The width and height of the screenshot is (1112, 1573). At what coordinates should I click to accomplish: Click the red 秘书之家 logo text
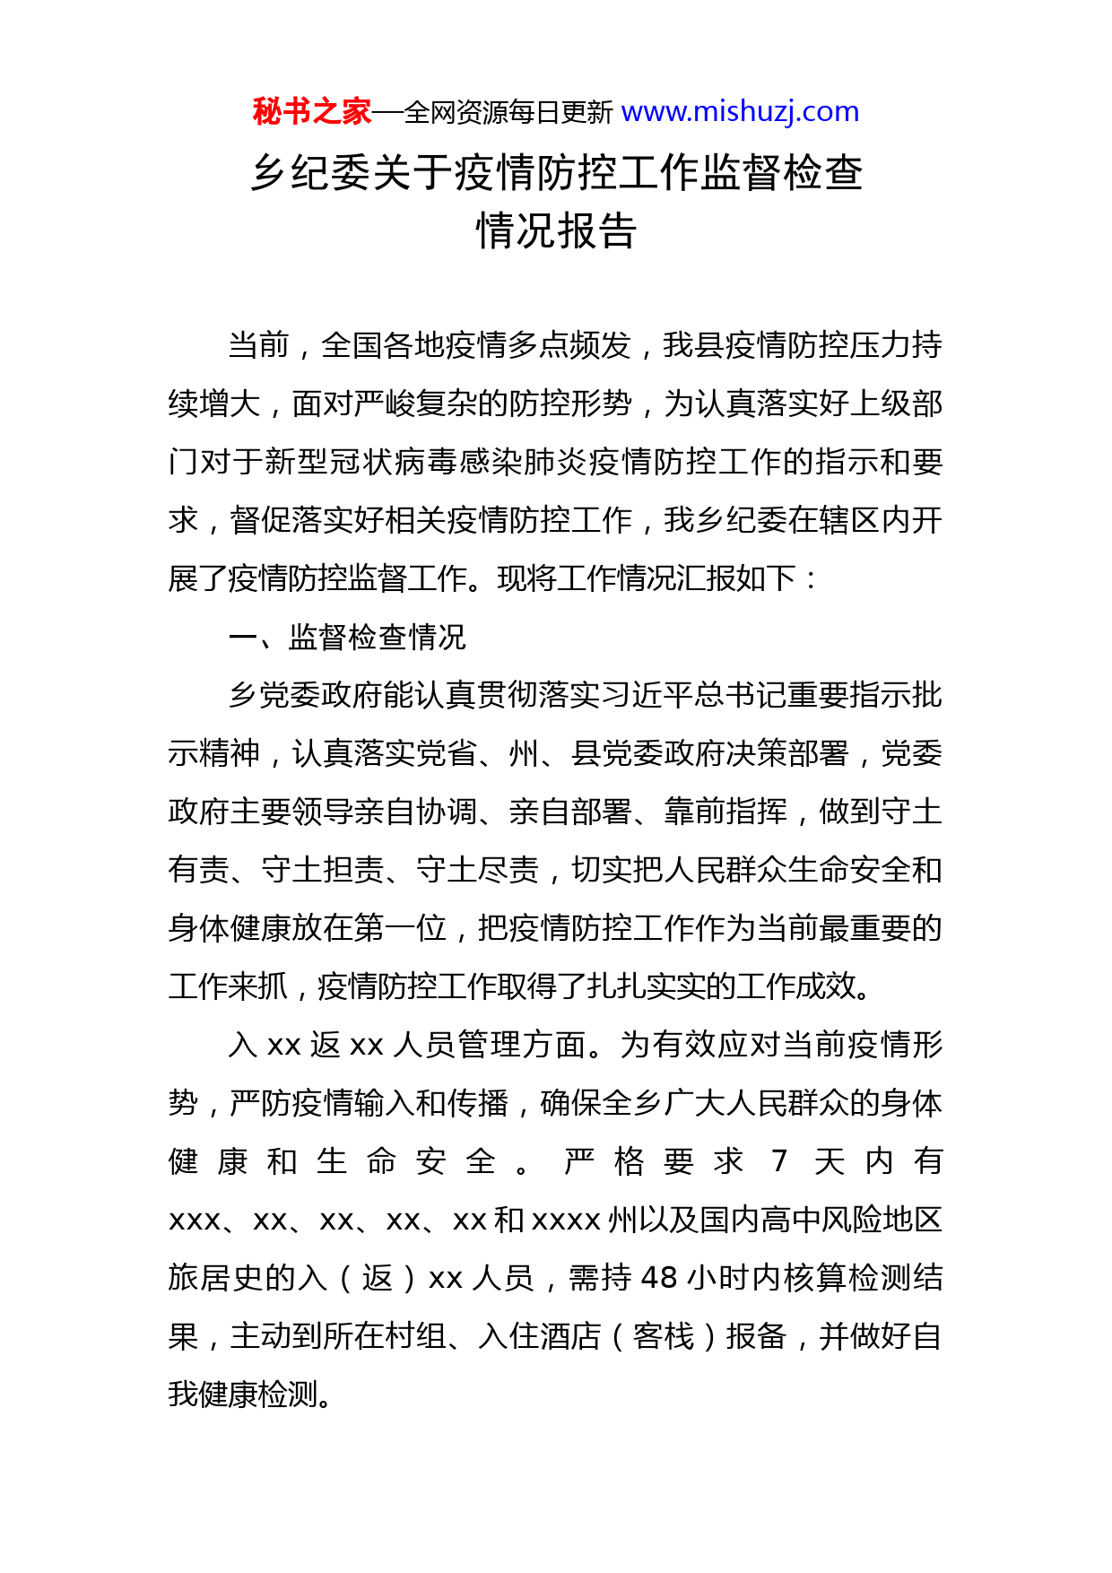[x=311, y=112]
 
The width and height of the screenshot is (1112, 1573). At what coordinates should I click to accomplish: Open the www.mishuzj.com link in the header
[x=740, y=112]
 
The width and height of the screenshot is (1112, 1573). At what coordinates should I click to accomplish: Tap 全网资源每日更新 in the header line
[x=508, y=113]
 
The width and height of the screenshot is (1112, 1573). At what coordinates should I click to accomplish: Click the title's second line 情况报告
[x=556, y=231]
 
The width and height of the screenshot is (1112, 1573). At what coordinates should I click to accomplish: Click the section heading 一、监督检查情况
[x=348, y=637]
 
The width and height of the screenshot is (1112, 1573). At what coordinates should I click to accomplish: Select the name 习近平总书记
[x=695, y=695]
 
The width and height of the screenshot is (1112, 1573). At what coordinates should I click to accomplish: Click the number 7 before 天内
[x=779, y=1161]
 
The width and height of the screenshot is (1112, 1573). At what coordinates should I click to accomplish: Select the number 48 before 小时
[x=660, y=1278]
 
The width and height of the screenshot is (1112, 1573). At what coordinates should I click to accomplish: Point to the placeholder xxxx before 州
[x=567, y=1220]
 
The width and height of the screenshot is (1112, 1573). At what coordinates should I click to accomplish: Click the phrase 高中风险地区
[x=851, y=1220]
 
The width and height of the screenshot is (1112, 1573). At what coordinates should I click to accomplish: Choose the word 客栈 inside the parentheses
[x=664, y=1336]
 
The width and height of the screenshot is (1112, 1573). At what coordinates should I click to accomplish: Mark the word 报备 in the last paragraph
[x=756, y=1336]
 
